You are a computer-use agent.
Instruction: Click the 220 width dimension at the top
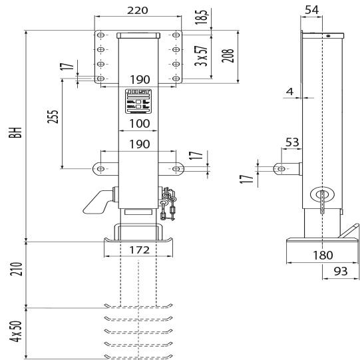[x=138, y=10]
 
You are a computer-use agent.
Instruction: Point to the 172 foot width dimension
[x=138, y=252]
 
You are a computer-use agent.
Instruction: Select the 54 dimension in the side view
[x=311, y=9]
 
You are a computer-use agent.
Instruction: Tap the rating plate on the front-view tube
[x=138, y=101]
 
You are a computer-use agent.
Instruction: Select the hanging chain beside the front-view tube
[x=170, y=203]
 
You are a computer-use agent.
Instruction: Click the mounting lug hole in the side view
[x=282, y=170]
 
